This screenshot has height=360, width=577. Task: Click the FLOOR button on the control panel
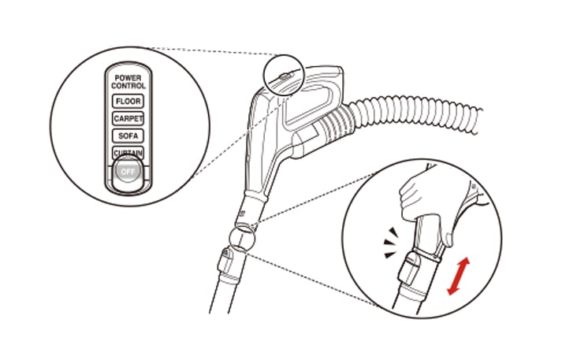pyautogui.click(x=128, y=102)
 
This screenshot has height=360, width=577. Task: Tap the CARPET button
pyautogui.click(x=128, y=118)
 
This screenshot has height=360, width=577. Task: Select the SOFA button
pyautogui.click(x=128, y=135)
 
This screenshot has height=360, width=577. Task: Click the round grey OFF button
pyautogui.click(x=128, y=172)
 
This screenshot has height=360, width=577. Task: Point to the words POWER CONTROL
pyautogui.click(x=128, y=82)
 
